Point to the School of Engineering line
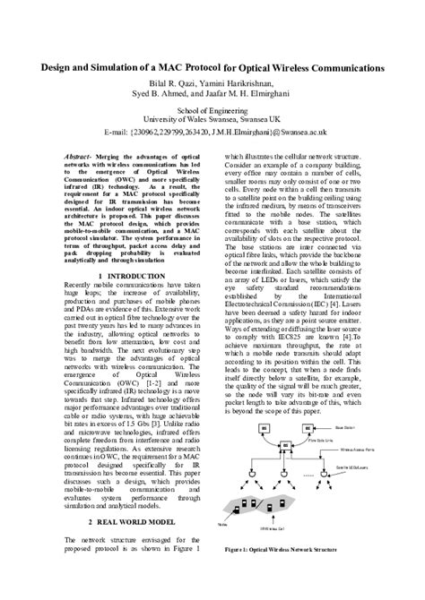point(213,107)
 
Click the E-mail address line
point(212,132)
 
